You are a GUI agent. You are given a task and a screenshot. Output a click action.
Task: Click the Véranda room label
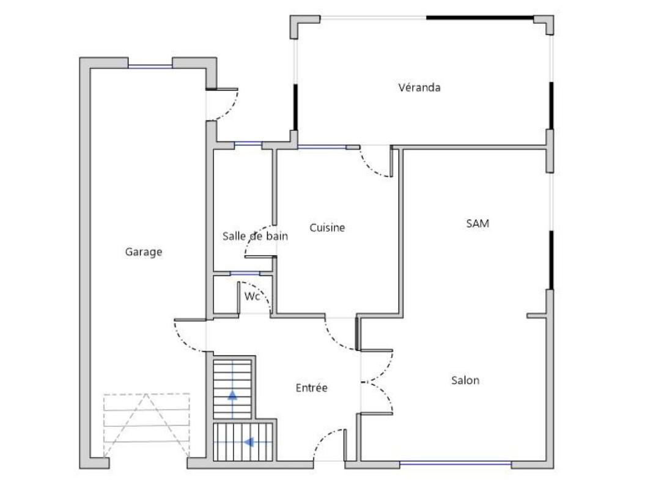(x=419, y=87)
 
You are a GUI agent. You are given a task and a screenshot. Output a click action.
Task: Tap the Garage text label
(x=144, y=252)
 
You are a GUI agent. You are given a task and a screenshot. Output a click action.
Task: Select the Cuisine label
(x=327, y=228)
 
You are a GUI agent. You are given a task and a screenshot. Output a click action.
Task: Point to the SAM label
(x=478, y=223)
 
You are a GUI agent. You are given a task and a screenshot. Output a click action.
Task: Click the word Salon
(x=465, y=380)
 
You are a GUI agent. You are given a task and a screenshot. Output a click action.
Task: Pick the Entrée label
(x=312, y=388)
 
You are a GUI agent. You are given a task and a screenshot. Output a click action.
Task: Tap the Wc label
(x=251, y=296)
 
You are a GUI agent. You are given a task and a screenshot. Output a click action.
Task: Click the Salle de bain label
(x=256, y=236)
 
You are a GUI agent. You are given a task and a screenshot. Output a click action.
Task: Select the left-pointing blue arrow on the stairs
(x=249, y=442)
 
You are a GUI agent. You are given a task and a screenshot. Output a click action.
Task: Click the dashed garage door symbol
(x=147, y=425)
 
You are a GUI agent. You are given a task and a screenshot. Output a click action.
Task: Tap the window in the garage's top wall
(x=150, y=66)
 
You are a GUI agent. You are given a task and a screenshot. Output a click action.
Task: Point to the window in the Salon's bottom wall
(x=456, y=464)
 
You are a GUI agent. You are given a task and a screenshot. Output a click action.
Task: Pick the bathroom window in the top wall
(x=248, y=144)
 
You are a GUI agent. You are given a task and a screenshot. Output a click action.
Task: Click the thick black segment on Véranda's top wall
(x=480, y=18)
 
